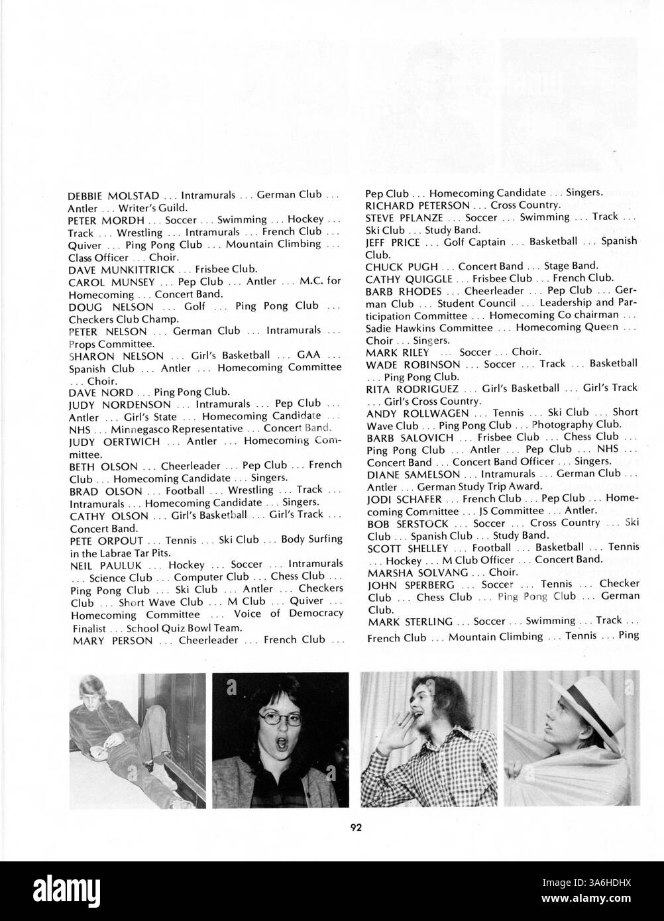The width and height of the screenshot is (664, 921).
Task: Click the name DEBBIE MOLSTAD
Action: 113,196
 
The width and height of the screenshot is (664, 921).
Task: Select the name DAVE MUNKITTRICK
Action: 121,270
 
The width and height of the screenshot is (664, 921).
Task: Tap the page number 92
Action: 357,826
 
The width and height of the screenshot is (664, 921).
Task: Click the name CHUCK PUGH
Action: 402,266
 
